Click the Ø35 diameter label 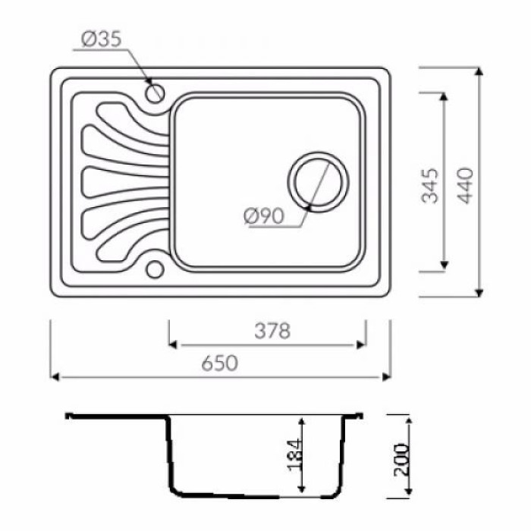(101, 39)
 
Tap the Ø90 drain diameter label (264, 215)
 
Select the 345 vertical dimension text (430, 186)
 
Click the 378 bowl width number (272, 331)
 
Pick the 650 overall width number (220, 363)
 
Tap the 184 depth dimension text (294, 455)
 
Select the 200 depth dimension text (401, 460)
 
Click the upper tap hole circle (155, 93)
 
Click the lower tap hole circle (155, 269)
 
